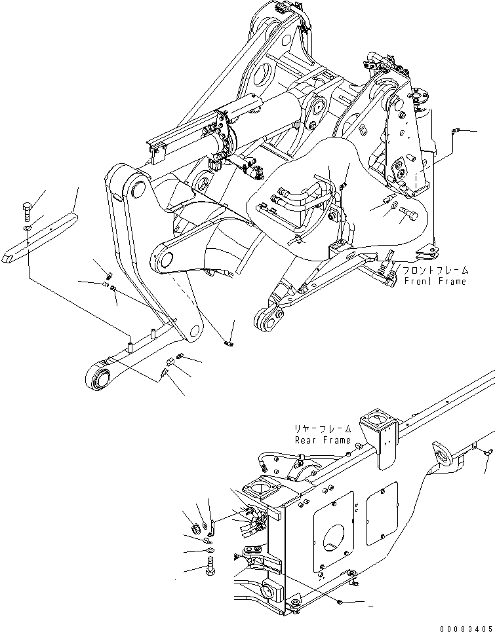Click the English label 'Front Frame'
[435, 281]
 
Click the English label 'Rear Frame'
[323, 440]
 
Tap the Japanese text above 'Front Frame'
[435, 270]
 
